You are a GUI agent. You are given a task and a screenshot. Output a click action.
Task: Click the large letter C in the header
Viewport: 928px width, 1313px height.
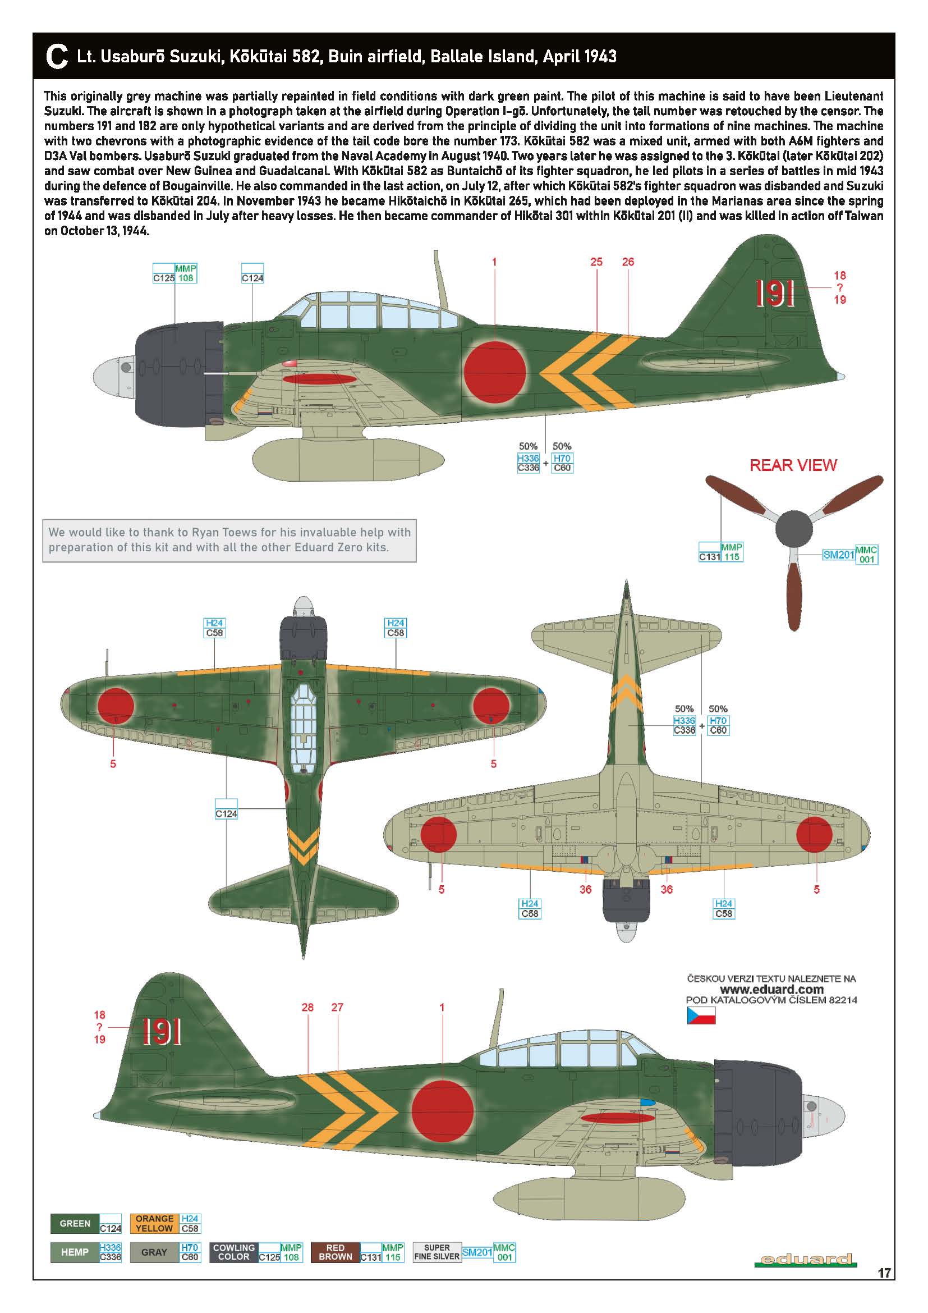tap(56, 57)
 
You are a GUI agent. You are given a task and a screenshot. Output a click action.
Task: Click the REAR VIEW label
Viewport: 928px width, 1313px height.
tap(793, 465)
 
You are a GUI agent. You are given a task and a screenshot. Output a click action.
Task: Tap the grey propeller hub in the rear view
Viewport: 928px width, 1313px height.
tap(794, 527)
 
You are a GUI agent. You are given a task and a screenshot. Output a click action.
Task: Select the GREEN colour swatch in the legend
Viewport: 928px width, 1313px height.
tap(75, 1224)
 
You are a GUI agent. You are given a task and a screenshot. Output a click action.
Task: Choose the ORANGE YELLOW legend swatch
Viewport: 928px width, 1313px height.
tap(154, 1224)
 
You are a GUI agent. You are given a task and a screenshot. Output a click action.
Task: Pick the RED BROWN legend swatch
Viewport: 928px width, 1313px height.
tap(335, 1252)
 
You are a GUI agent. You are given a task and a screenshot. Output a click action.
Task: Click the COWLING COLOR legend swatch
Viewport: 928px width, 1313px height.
tap(234, 1252)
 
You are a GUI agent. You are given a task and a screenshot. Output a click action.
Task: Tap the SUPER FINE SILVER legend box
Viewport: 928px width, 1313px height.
tap(437, 1252)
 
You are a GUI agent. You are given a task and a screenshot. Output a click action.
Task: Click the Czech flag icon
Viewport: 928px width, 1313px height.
tap(701, 1015)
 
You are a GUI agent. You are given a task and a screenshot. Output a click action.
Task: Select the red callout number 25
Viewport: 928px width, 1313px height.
tap(596, 262)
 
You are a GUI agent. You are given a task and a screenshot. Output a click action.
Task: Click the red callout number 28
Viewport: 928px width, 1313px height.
tap(307, 1007)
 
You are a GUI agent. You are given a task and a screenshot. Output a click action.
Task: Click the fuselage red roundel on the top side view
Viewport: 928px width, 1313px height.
tap(495, 372)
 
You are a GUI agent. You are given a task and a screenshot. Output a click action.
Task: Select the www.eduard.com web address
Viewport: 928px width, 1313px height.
tap(771, 990)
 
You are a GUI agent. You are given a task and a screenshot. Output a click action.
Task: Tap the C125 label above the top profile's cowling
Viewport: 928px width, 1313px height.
tap(164, 278)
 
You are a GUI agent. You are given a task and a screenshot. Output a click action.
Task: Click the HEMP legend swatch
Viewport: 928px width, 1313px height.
tap(75, 1252)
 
